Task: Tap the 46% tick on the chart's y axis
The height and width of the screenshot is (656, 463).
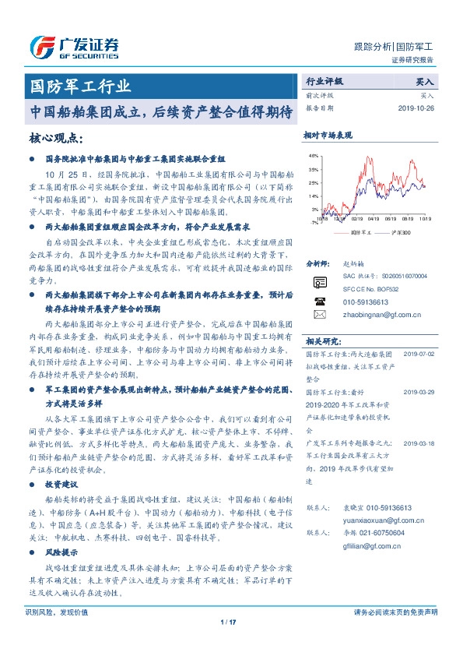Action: (x=314, y=156)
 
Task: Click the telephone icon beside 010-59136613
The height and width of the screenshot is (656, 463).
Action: (x=319, y=301)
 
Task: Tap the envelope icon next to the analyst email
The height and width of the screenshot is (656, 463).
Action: (x=319, y=314)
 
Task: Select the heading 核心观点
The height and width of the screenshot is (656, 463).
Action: (x=54, y=138)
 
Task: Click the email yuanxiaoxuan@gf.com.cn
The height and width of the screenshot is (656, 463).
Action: (x=378, y=520)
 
